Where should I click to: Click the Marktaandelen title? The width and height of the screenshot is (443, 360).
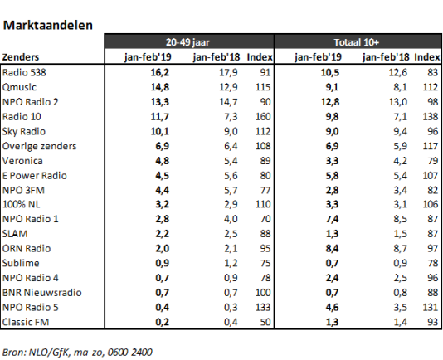click(x=48, y=25)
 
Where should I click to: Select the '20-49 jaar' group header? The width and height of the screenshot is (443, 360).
click(x=187, y=42)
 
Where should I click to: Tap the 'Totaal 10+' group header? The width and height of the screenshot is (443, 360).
click(x=356, y=42)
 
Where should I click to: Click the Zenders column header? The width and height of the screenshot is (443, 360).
click(x=21, y=57)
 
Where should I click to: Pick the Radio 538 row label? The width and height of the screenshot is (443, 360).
click(x=24, y=73)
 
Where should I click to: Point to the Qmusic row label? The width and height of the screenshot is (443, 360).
click(x=19, y=87)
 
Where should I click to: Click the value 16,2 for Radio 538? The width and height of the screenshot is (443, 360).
click(x=159, y=73)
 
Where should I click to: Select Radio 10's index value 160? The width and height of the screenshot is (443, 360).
click(x=263, y=117)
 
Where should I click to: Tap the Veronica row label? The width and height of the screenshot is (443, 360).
click(x=22, y=161)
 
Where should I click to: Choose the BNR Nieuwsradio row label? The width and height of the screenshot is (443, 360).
click(x=41, y=293)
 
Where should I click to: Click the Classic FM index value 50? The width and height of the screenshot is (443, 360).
click(x=265, y=322)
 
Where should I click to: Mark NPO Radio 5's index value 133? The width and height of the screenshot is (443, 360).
click(x=263, y=307)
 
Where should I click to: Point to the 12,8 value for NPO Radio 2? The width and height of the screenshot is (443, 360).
click(x=330, y=102)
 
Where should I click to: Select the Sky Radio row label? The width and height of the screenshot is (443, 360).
click(x=24, y=131)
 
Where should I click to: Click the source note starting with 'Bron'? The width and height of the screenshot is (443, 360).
click(x=77, y=352)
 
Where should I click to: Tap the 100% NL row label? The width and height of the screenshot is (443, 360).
click(x=22, y=204)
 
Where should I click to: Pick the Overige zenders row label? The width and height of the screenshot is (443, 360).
click(x=39, y=146)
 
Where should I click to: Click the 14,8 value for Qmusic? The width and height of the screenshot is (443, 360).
click(x=159, y=87)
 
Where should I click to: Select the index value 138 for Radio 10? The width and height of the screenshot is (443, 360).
click(x=431, y=117)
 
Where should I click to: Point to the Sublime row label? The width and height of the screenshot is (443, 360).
click(x=21, y=263)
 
